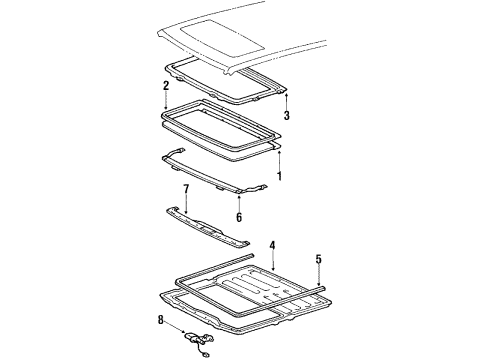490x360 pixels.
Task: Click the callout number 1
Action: [279, 177]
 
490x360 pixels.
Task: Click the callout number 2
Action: [164, 86]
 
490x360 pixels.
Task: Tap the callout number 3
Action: [287, 116]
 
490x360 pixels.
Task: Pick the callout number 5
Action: [319, 259]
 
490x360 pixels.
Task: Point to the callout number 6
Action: [239, 217]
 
